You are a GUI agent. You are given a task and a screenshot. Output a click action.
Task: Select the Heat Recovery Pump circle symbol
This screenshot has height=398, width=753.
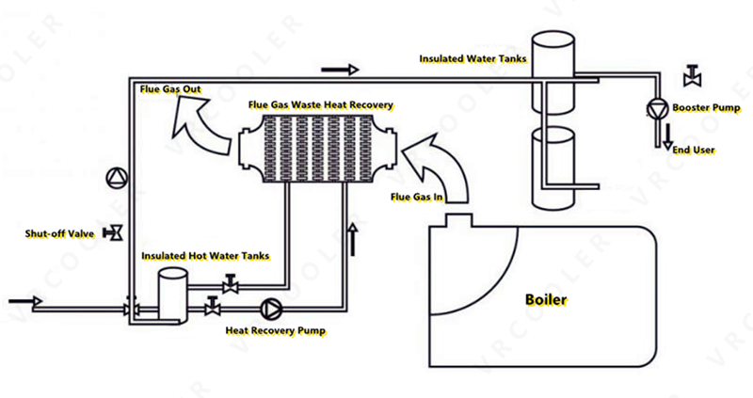tap(271, 308)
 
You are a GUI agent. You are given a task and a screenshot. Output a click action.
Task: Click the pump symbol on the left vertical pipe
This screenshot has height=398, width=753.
tap(115, 176)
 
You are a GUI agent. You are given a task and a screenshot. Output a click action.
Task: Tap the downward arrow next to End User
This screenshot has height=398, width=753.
tap(667, 135)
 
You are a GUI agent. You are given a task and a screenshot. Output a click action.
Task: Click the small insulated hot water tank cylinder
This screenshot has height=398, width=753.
tap(169, 292)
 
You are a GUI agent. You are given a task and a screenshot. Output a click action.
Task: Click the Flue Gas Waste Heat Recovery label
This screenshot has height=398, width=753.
tap(320, 104)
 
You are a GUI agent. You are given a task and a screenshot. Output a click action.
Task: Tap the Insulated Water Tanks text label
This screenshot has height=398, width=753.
tap(473, 58)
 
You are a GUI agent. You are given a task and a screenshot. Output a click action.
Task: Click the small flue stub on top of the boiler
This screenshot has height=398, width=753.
tap(458, 219)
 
